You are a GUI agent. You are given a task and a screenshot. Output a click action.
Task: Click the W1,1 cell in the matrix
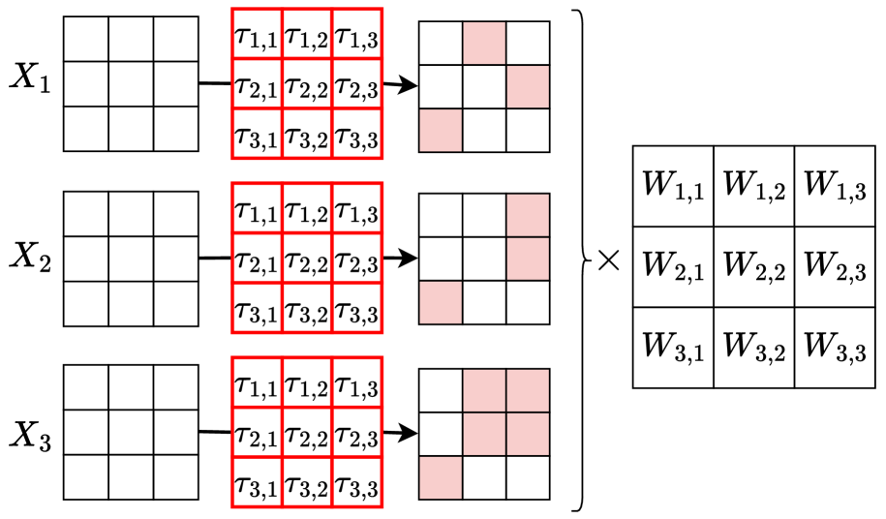pos(673,186)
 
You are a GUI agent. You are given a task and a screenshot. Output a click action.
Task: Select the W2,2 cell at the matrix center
pos(754,266)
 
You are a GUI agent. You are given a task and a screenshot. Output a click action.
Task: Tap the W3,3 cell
pos(835,348)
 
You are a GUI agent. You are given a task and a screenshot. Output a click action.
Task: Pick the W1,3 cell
pos(835,186)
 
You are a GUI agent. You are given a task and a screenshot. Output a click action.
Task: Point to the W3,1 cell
pos(673,348)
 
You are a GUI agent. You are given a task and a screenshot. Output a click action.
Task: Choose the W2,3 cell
pos(835,266)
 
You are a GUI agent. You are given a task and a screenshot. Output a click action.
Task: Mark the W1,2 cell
pos(754,186)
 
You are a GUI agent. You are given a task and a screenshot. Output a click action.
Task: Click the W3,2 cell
pos(754,348)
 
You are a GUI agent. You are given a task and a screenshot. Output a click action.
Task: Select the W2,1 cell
pos(673,266)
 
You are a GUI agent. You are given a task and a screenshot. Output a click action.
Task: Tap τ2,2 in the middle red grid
pos(307,258)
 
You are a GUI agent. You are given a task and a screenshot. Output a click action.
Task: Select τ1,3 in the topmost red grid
pos(356,37)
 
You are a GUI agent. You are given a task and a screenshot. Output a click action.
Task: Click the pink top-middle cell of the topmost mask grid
pos(484,44)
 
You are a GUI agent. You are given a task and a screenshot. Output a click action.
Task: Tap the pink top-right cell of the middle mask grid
pos(528,215)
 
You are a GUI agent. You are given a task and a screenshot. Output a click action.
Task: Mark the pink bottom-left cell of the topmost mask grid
pos(441,130)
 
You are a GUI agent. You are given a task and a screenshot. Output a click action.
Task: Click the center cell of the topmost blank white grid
pos(131,84)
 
